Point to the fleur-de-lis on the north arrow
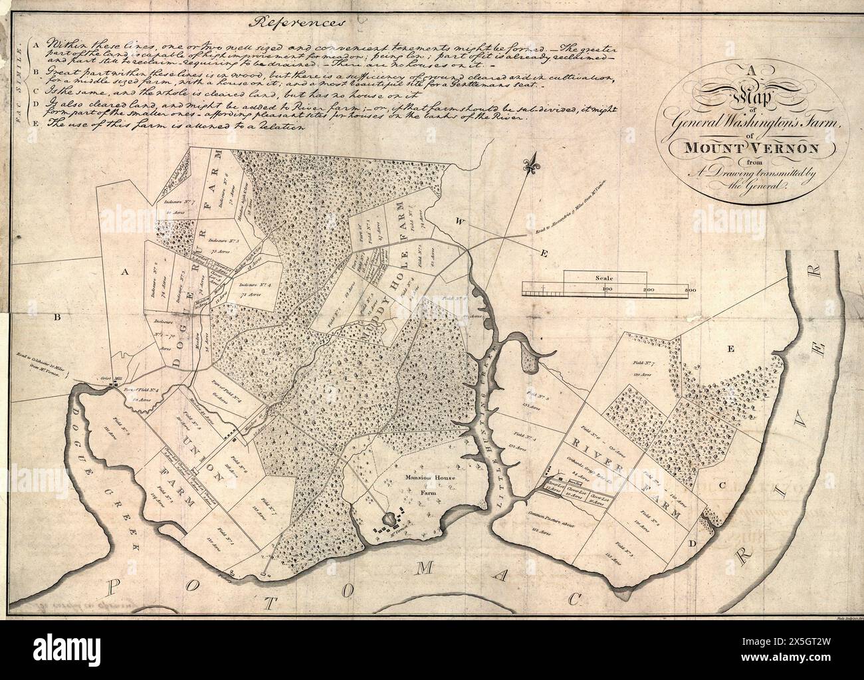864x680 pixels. tap(531, 167)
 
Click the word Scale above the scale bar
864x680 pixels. tap(604, 279)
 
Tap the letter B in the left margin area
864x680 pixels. tap(58, 318)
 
